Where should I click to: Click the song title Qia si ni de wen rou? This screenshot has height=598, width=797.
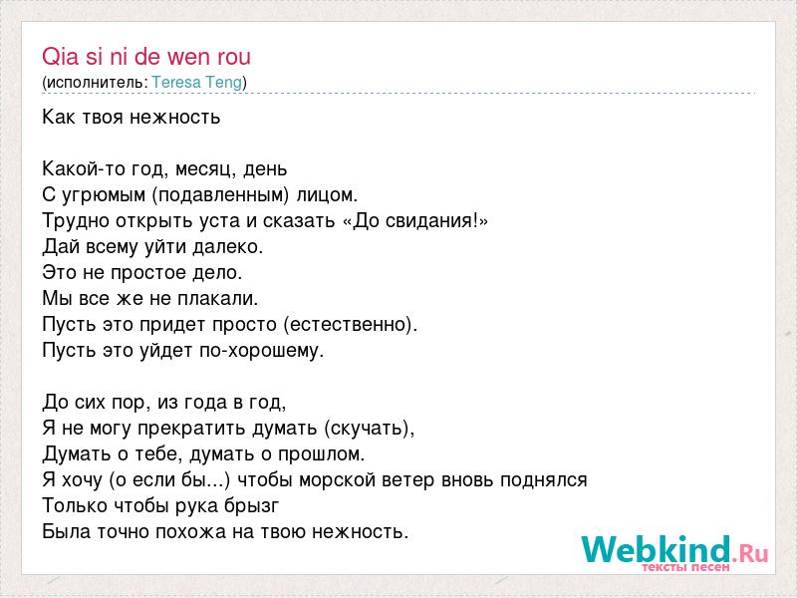146,57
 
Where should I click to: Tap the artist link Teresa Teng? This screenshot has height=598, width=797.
197,83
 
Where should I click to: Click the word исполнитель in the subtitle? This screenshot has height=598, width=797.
95,83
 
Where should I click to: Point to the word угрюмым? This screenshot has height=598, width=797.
104,195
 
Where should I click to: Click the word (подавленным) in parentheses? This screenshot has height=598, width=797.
220,195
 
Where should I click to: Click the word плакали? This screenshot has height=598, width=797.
217,298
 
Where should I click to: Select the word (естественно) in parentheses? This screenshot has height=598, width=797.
350,325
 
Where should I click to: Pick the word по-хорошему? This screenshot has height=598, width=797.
261,351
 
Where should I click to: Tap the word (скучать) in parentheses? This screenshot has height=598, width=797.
369,429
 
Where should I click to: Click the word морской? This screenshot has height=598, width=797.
337,480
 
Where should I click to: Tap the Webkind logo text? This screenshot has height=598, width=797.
657,549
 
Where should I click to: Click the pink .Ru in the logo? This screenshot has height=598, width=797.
750,553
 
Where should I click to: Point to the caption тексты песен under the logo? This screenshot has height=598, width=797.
685,567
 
